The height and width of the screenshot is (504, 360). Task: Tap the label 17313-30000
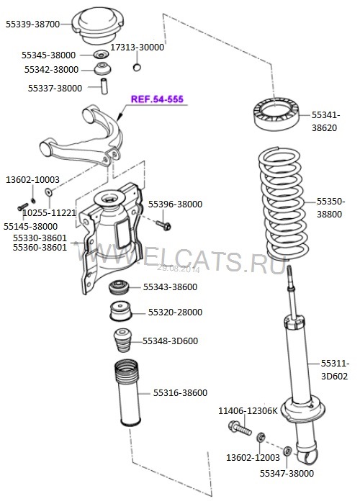tap(137, 47)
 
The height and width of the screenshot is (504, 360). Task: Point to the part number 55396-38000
tap(175, 204)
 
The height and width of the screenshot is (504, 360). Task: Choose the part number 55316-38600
tap(180, 392)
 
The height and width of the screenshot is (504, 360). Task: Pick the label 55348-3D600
tap(169, 341)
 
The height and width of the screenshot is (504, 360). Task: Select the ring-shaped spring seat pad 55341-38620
tap(274, 113)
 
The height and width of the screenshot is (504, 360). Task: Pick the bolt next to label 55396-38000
tap(162, 224)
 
